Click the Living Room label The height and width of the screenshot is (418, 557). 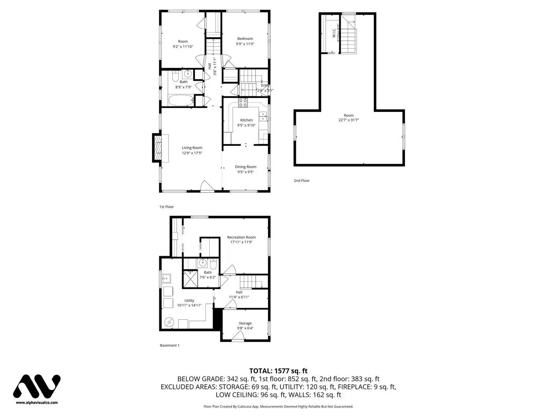click(x=192, y=147)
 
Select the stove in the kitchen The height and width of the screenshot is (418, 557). click(x=243, y=103)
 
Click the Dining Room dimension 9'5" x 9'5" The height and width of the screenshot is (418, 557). click(x=246, y=172)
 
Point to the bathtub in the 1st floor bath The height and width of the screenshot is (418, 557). click(x=180, y=100)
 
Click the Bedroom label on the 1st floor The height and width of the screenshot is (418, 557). click(x=245, y=38)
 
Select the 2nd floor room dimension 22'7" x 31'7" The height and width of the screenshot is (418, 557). click(x=349, y=120)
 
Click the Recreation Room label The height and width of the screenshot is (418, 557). click(x=241, y=237)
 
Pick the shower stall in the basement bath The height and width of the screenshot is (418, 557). click(x=190, y=279)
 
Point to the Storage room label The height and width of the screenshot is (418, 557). click(x=245, y=323)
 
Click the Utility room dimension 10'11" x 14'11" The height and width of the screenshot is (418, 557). click(x=189, y=305)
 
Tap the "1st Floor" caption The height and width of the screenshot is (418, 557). click(x=167, y=207)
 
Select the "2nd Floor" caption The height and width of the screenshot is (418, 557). click(x=301, y=180)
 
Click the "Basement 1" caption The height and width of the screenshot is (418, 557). click(x=169, y=345)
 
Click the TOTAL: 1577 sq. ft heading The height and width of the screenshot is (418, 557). click(x=278, y=371)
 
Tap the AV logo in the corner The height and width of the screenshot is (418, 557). click(x=37, y=386)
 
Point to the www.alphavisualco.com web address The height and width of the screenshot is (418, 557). click(x=37, y=403)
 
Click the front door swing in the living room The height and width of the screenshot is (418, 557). click(x=207, y=187)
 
